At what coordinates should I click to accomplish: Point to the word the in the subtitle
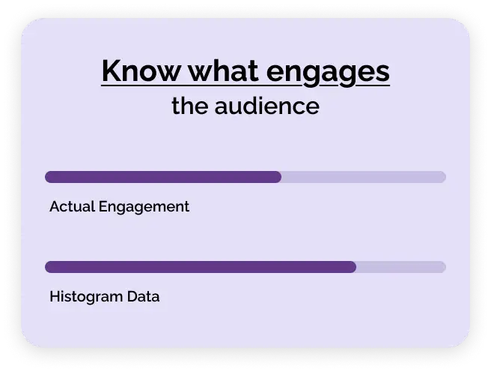click(190, 106)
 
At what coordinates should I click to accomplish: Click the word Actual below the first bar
click(72, 206)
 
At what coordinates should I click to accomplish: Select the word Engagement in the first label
click(144, 207)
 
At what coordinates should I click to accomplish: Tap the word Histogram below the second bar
click(85, 297)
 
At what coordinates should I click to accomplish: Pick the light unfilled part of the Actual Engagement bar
click(363, 177)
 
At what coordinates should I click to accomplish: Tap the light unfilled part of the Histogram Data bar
click(400, 267)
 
